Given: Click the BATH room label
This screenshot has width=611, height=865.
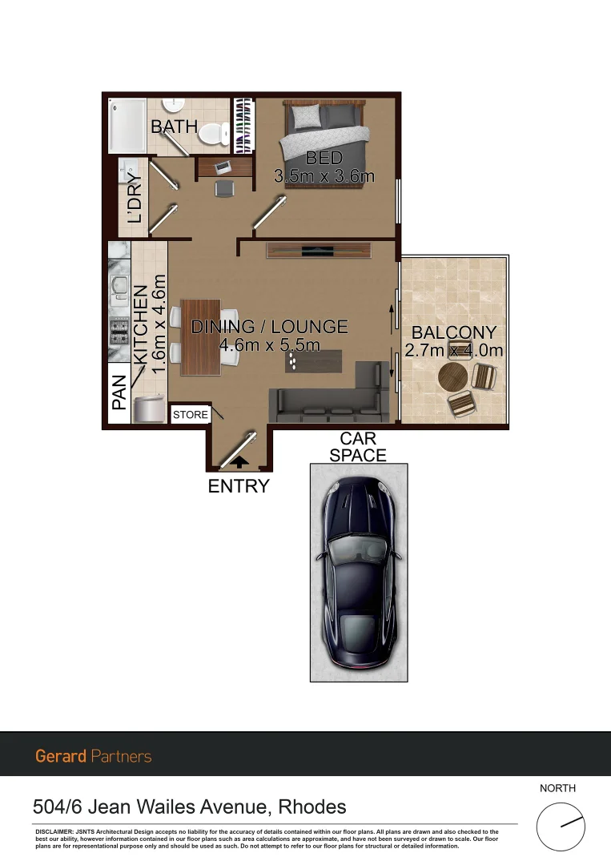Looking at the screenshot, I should point(174,127).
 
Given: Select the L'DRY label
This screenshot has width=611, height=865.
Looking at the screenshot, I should point(135,199).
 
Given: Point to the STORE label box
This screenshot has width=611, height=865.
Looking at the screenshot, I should point(191,415).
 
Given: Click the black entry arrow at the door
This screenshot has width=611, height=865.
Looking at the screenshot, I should point(239,461).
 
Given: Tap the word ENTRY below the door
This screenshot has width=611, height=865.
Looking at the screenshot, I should point(239,486).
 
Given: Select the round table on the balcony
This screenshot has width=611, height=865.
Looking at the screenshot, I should point(454,376).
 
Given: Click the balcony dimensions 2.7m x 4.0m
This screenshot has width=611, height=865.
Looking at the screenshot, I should point(454,350).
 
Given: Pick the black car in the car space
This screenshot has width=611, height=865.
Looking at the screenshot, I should point(359,571).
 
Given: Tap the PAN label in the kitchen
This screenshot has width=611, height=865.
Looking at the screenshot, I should point(119,392).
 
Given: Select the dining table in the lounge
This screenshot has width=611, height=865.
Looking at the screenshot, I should point(200,336).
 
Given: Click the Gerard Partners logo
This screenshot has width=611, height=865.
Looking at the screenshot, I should point(93,755).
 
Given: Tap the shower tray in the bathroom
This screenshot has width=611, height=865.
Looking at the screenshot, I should point(127,125).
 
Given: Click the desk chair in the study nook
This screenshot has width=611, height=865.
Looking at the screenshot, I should point(225,187).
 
